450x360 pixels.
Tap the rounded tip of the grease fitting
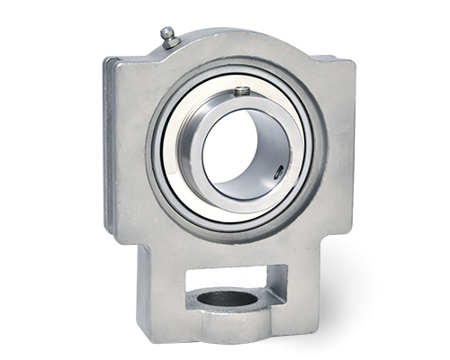pyautogui.click(x=166, y=31)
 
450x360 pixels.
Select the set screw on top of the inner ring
pyautogui.click(x=241, y=91)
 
